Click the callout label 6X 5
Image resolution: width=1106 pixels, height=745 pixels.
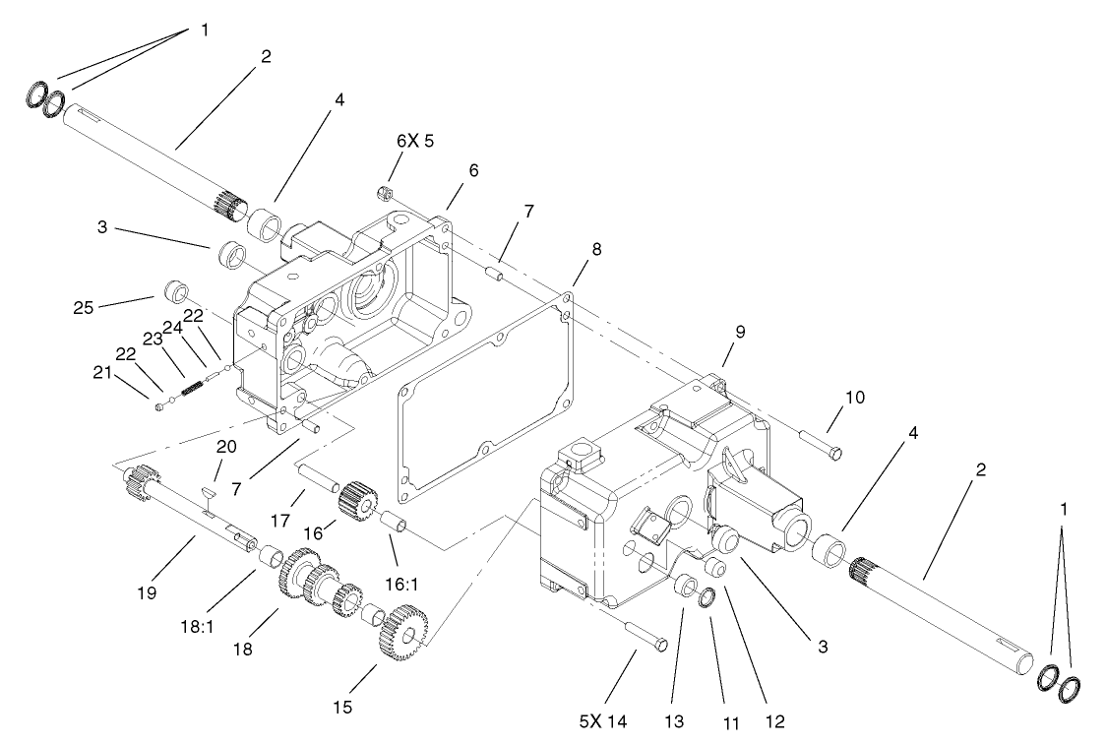(x=414, y=141)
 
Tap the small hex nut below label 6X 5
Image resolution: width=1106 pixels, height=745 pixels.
(x=387, y=193)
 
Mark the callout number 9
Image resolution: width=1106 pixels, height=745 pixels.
(x=740, y=332)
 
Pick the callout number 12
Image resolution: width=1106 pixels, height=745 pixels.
(x=774, y=720)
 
